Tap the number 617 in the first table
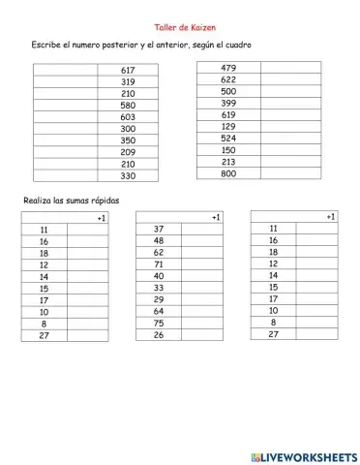tap(129, 70)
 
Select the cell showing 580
tap(129, 105)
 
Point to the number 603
tap(129, 116)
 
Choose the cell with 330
tap(129, 176)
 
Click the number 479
tap(228, 67)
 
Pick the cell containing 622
tap(228, 79)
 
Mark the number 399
tap(228, 103)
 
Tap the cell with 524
tap(228, 138)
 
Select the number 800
tap(228, 173)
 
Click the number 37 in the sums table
tap(159, 229)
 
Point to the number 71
tap(159, 263)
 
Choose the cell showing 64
tap(159, 311)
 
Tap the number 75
tap(159, 324)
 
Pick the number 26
tap(159, 335)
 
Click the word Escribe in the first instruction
tap(47, 46)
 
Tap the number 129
tap(228, 126)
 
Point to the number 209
tap(129, 152)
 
